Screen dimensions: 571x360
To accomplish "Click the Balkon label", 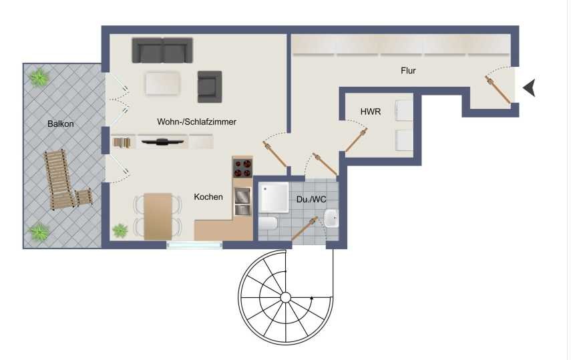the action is tap(61, 124).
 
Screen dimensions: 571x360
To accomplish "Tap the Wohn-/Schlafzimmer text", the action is tap(196, 122).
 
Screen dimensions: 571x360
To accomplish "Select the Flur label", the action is tap(408, 70).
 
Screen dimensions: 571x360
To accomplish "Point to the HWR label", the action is tap(371, 112).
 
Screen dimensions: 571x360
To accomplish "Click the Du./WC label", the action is tap(311, 199).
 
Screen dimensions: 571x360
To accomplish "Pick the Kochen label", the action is tap(208, 197).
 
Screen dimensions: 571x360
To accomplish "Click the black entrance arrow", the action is tap(530, 87).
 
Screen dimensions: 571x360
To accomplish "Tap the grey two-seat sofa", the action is tap(162, 50).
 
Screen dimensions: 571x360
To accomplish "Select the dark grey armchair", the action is tap(210, 87).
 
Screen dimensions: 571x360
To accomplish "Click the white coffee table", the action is tap(163, 83).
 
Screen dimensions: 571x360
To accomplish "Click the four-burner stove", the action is tap(242, 168).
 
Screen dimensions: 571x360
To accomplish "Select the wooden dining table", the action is tap(158, 216).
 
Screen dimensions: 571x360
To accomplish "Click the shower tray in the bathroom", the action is tap(274, 198).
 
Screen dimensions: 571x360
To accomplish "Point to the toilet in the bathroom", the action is tap(268, 223).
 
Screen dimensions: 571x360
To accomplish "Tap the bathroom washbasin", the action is tap(331, 218).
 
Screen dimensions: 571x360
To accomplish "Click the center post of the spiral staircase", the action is tap(286, 298).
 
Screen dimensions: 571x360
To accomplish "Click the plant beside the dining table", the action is tap(120, 230).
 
